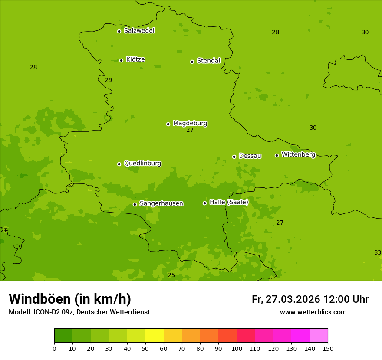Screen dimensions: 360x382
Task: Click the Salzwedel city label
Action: pyautogui.click(x=139, y=31)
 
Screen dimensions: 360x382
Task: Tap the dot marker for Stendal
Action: pyautogui.click(x=192, y=62)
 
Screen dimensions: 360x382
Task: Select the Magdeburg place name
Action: pyautogui.click(x=190, y=124)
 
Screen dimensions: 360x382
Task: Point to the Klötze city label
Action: pyautogui.click(x=135, y=60)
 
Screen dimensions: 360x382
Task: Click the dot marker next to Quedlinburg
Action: pyautogui.click(x=119, y=164)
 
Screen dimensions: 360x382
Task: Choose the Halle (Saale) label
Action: pyautogui.click(x=229, y=202)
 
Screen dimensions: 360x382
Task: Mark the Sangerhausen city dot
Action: pyautogui.click(x=135, y=204)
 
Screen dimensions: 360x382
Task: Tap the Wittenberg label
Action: pyautogui.click(x=298, y=155)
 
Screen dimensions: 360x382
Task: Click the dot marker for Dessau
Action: pyautogui.click(x=234, y=157)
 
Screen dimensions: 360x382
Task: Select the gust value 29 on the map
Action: pyautogui.click(x=109, y=80)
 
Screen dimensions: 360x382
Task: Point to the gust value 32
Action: pyautogui.click(x=71, y=185)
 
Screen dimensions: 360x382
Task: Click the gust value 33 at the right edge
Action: pyautogui.click(x=377, y=252)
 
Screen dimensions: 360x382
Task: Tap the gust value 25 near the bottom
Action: pyautogui.click(x=171, y=275)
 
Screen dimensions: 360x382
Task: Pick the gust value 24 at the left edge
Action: pyautogui.click(x=4, y=230)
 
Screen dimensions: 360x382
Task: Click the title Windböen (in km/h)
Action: pyautogui.click(x=70, y=299)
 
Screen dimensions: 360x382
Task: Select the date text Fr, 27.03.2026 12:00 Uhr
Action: pyautogui.click(x=310, y=299)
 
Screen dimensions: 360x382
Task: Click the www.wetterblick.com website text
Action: pyautogui.click(x=313, y=312)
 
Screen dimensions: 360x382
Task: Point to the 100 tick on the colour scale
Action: pyautogui.click(x=237, y=348)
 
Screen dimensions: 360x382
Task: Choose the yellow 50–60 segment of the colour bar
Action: pyautogui.click(x=155, y=336)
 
